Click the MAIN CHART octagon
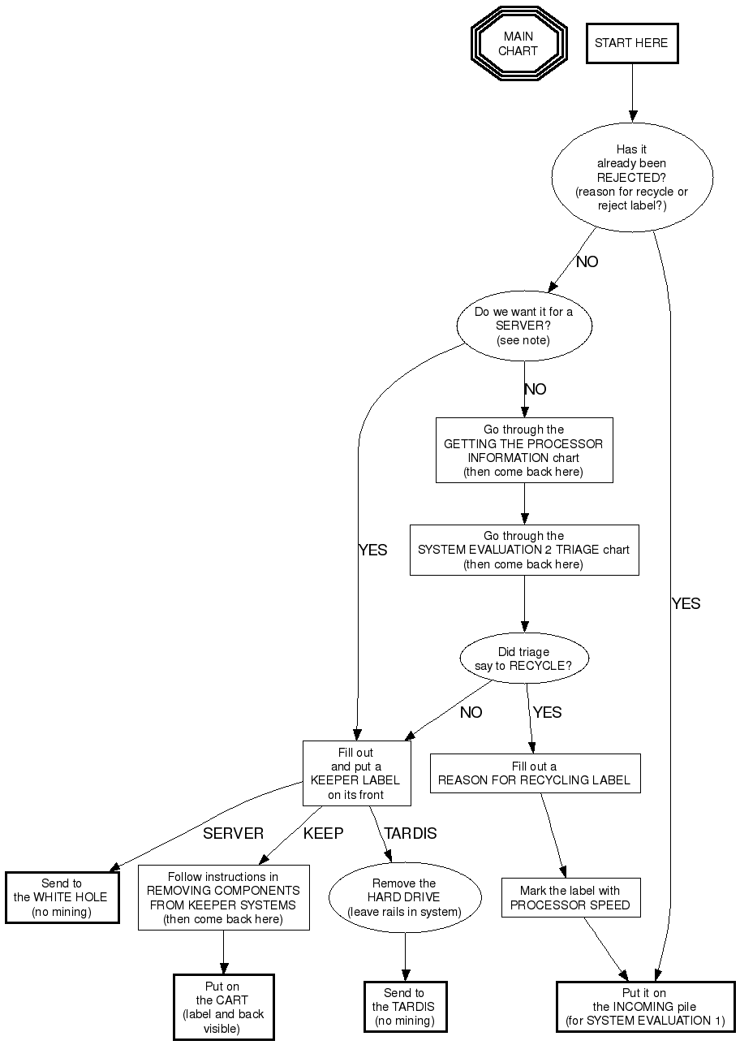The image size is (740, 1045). pyautogui.click(x=518, y=44)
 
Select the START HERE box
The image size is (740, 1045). pyautogui.click(x=631, y=44)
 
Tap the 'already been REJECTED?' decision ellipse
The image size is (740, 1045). pyautogui.click(x=632, y=178)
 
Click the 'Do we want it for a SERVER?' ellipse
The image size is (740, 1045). pyautogui.click(x=523, y=326)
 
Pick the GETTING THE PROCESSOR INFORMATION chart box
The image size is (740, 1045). pyautogui.click(x=523, y=451)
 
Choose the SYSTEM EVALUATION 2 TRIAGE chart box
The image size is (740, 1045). pyautogui.click(x=523, y=550)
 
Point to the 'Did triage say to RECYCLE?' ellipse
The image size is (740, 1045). pyautogui.click(x=523, y=659)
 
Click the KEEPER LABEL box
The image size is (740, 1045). pyautogui.click(x=356, y=773)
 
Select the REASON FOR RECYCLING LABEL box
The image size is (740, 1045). pyautogui.click(x=535, y=773)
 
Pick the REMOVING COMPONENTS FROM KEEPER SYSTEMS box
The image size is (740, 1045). pyautogui.click(x=223, y=898)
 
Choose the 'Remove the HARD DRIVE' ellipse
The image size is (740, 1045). pyautogui.click(x=404, y=898)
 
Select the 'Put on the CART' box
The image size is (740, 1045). pyautogui.click(x=223, y=1007)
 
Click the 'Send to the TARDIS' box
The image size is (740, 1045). pyautogui.click(x=404, y=1007)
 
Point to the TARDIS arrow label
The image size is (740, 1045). pyautogui.click(x=410, y=833)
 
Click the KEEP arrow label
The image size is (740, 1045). pyautogui.click(x=323, y=833)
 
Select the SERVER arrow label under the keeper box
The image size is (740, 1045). pyautogui.click(x=233, y=833)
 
